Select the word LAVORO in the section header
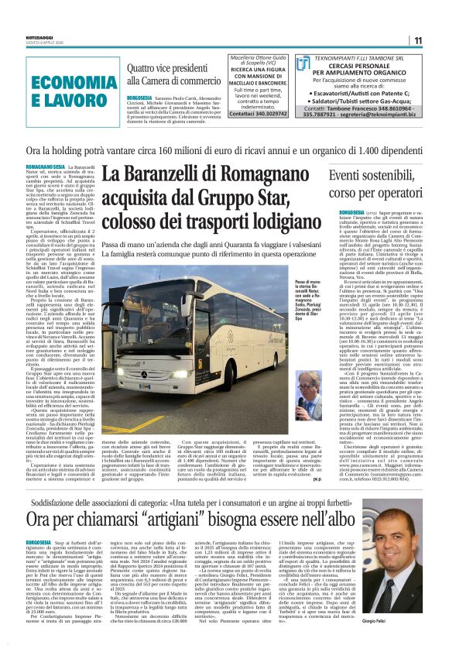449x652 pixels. (x=57, y=100)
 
